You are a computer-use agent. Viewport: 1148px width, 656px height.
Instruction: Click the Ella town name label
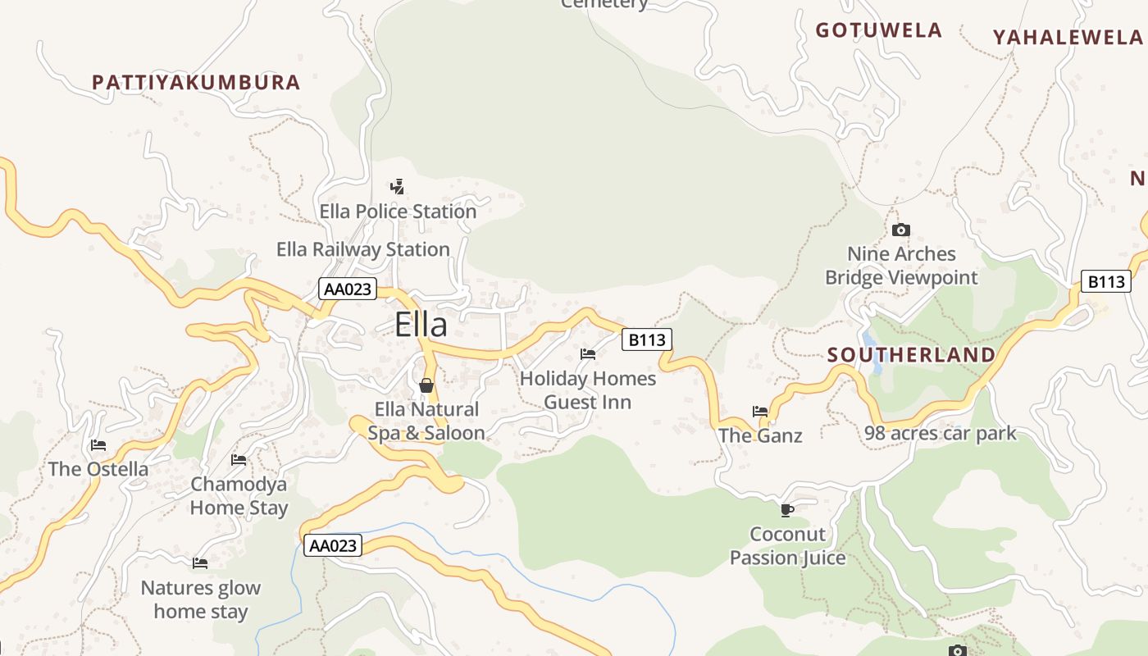[421, 325]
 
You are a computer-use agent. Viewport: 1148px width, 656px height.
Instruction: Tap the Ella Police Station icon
[398, 187]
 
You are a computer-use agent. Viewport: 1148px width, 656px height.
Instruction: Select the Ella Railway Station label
[363, 249]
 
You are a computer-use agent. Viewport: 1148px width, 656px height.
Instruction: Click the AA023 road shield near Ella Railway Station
[348, 289]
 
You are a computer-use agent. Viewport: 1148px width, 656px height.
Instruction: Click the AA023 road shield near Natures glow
[332, 545]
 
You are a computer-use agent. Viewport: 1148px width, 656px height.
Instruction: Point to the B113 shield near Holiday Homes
[646, 339]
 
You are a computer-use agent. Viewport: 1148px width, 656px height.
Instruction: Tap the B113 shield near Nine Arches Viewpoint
[1105, 282]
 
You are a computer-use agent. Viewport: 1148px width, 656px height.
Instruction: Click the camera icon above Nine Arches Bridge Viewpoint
[901, 230]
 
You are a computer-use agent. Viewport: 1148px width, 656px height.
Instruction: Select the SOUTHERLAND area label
[911, 355]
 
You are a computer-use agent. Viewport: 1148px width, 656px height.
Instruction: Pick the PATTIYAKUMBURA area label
[196, 83]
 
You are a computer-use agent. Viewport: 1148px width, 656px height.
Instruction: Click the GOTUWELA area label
[878, 31]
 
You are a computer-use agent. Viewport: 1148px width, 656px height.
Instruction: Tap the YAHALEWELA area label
[1068, 38]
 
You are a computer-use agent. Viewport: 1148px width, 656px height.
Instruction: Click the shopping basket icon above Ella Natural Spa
[426, 385]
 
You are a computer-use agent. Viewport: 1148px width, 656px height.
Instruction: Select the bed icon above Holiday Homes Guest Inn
[588, 354]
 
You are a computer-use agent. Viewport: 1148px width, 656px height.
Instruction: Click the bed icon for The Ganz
[760, 412]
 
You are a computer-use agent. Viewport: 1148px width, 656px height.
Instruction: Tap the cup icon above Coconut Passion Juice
[787, 510]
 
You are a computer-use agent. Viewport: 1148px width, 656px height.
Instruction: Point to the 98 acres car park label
[941, 433]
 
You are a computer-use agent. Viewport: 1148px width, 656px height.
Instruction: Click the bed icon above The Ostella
[98, 445]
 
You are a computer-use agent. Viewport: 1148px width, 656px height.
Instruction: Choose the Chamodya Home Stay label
[239, 496]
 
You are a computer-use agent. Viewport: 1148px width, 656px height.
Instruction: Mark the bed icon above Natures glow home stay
[200, 563]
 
